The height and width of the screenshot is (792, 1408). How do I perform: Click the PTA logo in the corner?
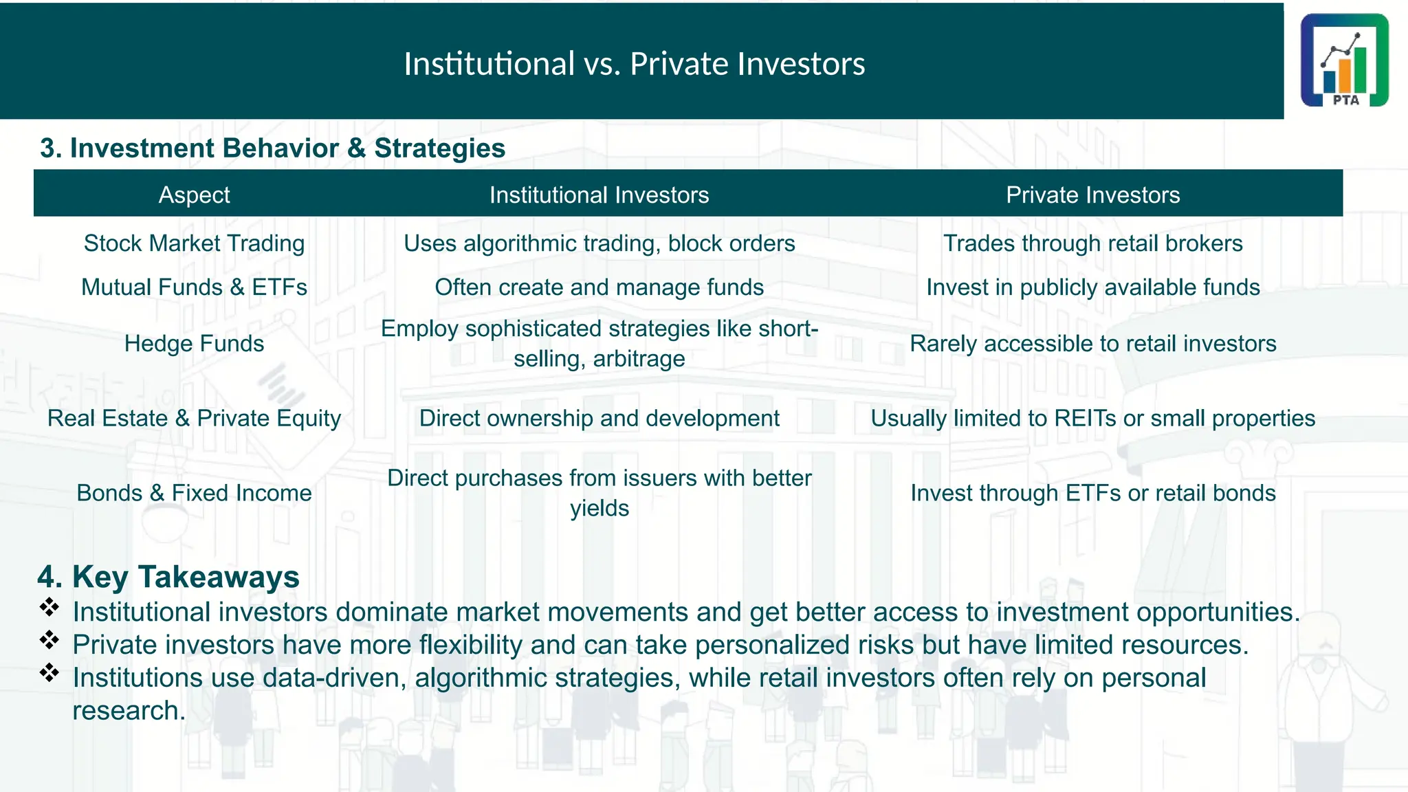pyautogui.click(x=1344, y=60)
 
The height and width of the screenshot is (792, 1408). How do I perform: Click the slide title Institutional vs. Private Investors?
pyautogui.click(x=634, y=63)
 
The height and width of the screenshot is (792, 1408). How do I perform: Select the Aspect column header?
pyautogui.click(x=194, y=195)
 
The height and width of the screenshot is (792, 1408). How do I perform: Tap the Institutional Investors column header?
pyautogui.click(x=599, y=195)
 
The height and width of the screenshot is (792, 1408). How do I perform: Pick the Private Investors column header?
pyautogui.click(x=1092, y=195)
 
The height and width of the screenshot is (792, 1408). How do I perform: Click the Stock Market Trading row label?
pyautogui.click(x=194, y=243)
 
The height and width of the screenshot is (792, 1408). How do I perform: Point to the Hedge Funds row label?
pyautogui.click(x=194, y=343)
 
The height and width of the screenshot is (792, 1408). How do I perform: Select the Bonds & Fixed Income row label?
pyautogui.click(x=194, y=493)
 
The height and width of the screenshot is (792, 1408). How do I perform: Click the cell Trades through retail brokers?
pyautogui.click(x=1092, y=243)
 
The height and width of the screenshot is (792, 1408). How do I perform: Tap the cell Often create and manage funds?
pyautogui.click(x=599, y=287)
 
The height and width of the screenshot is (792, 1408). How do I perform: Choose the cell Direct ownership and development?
pyautogui.click(x=599, y=418)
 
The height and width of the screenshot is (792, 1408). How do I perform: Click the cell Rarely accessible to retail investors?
pyautogui.click(x=1092, y=343)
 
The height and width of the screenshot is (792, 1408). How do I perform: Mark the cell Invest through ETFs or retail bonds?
pyautogui.click(x=1092, y=493)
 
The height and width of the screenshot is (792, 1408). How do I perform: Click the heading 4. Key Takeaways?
pyautogui.click(x=168, y=576)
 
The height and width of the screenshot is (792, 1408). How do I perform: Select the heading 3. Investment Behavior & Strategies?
pyautogui.click(x=272, y=148)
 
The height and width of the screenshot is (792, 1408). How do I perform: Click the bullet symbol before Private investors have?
pyautogui.click(x=49, y=640)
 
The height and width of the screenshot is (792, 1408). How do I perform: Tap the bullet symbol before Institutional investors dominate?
pyautogui.click(x=49, y=607)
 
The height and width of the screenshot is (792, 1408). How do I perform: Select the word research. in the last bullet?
pyautogui.click(x=129, y=711)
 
